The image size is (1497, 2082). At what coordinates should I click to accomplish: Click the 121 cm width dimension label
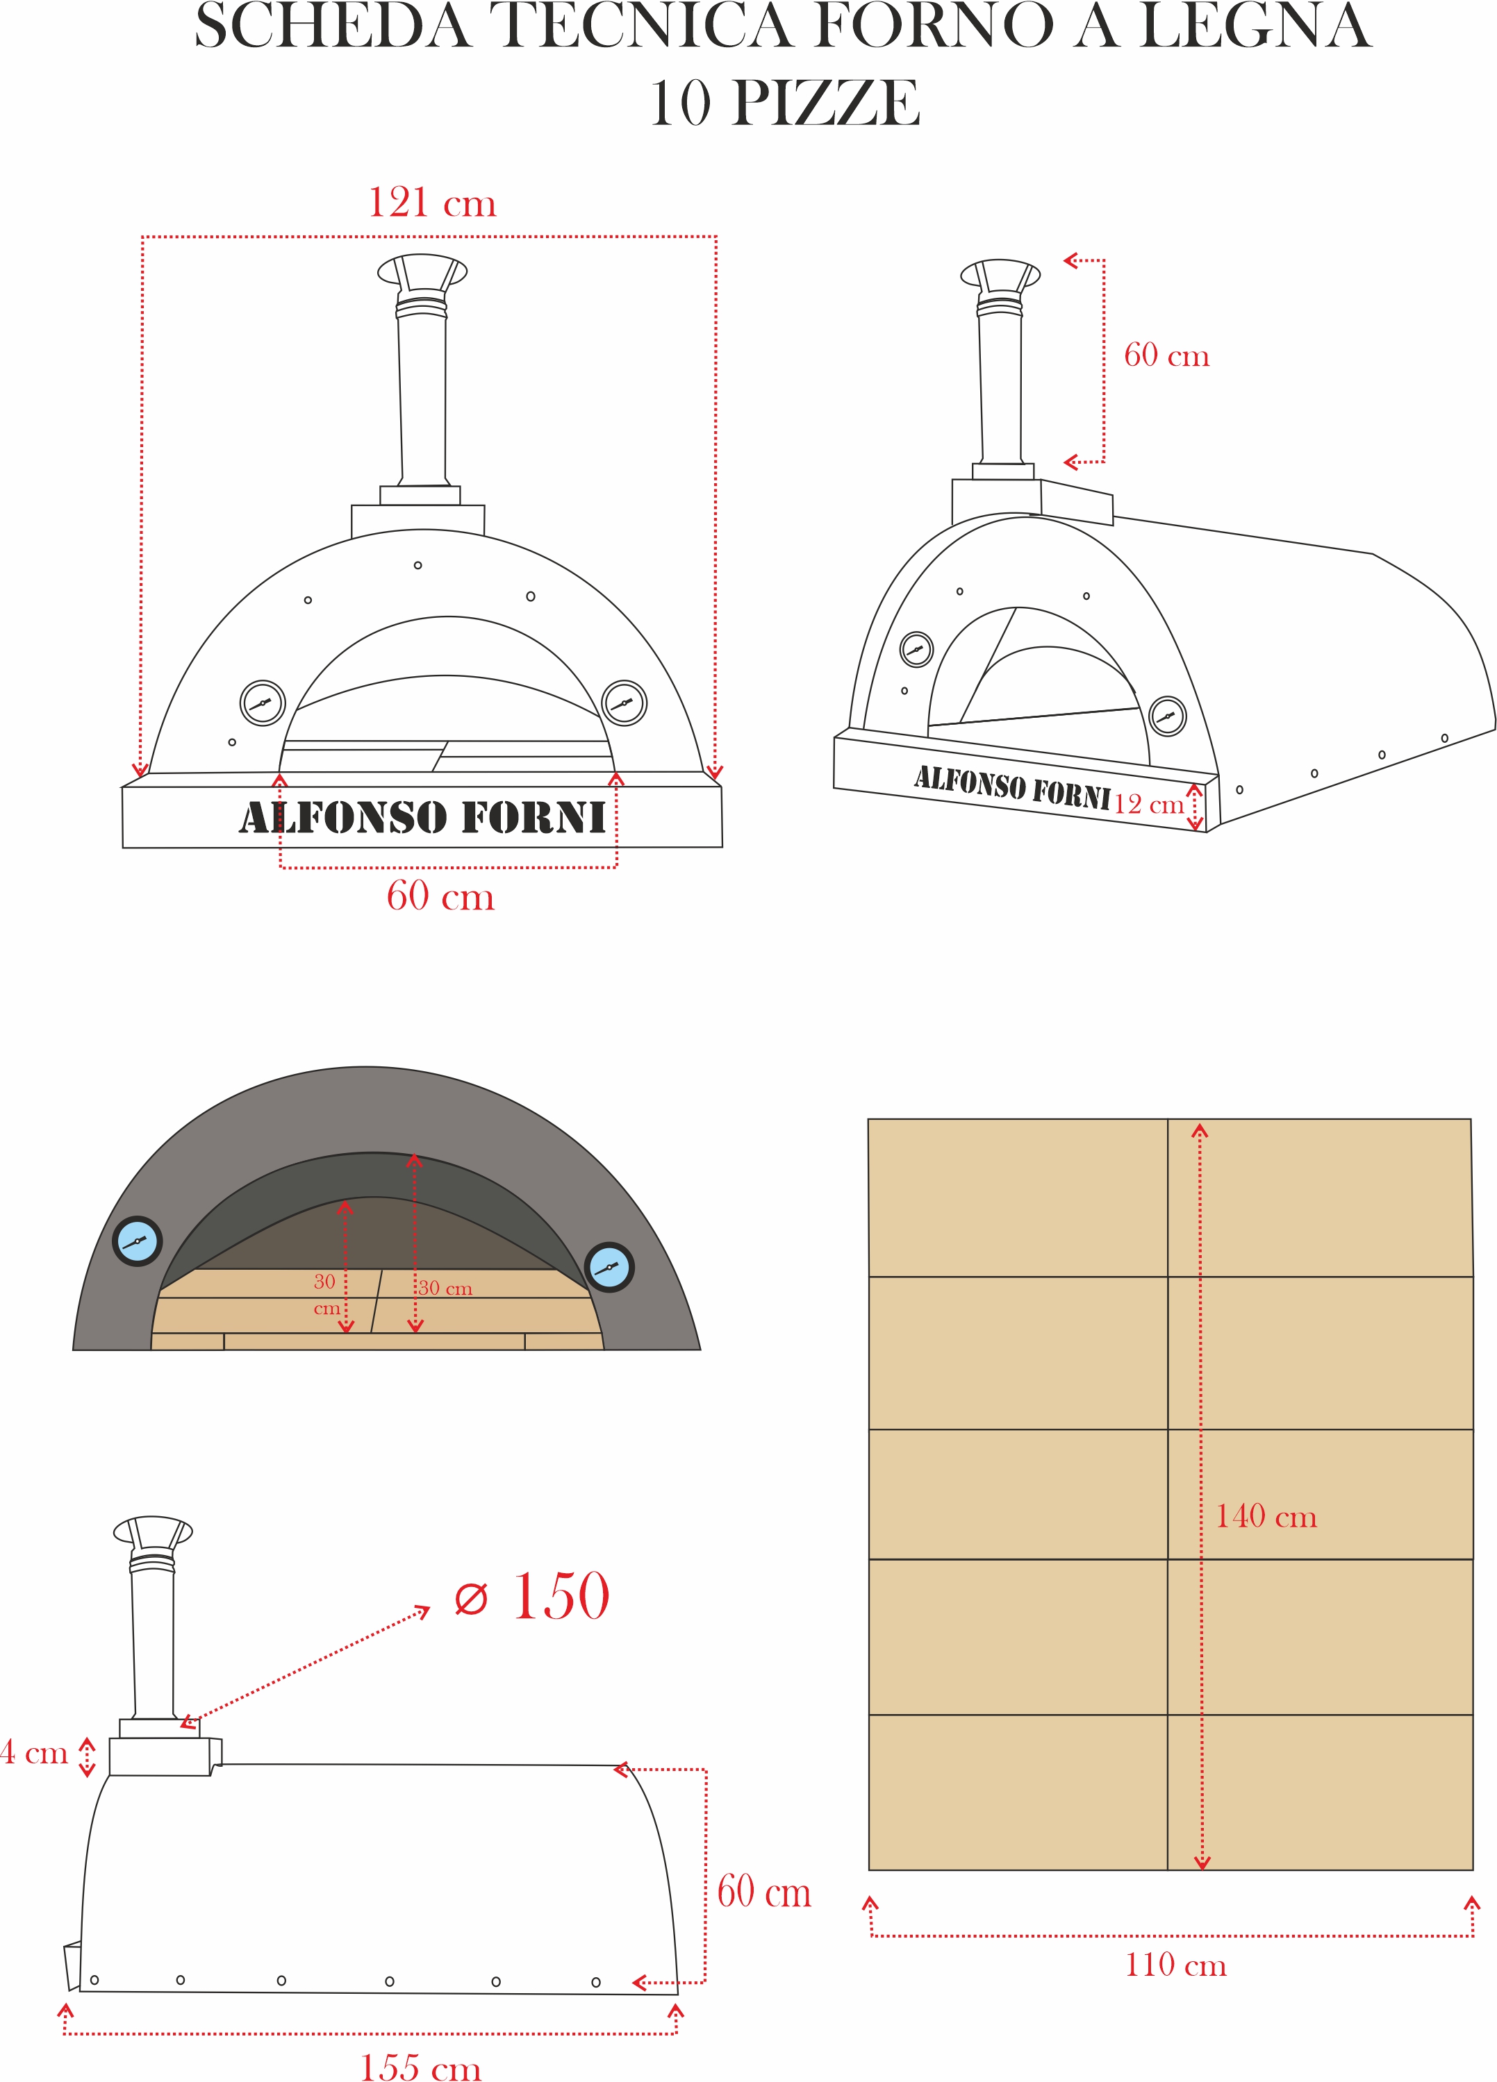431,203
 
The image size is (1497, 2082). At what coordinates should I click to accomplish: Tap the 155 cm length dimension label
421,2065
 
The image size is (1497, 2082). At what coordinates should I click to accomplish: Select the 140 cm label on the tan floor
1266,1516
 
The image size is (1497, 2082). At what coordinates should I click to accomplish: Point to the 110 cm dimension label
1175,1965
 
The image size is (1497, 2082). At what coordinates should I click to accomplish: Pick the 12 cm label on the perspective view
1148,804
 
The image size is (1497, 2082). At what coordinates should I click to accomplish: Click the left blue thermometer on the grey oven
137,1241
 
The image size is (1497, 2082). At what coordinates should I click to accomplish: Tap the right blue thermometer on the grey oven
609,1268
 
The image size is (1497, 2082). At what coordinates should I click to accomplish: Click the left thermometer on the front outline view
263,703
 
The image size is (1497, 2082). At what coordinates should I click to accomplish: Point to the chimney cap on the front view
422,271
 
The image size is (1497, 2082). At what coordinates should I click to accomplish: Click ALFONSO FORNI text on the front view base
422,818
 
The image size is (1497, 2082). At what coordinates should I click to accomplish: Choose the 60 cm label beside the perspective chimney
1166,355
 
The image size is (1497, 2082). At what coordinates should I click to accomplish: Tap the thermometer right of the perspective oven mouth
1167,715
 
